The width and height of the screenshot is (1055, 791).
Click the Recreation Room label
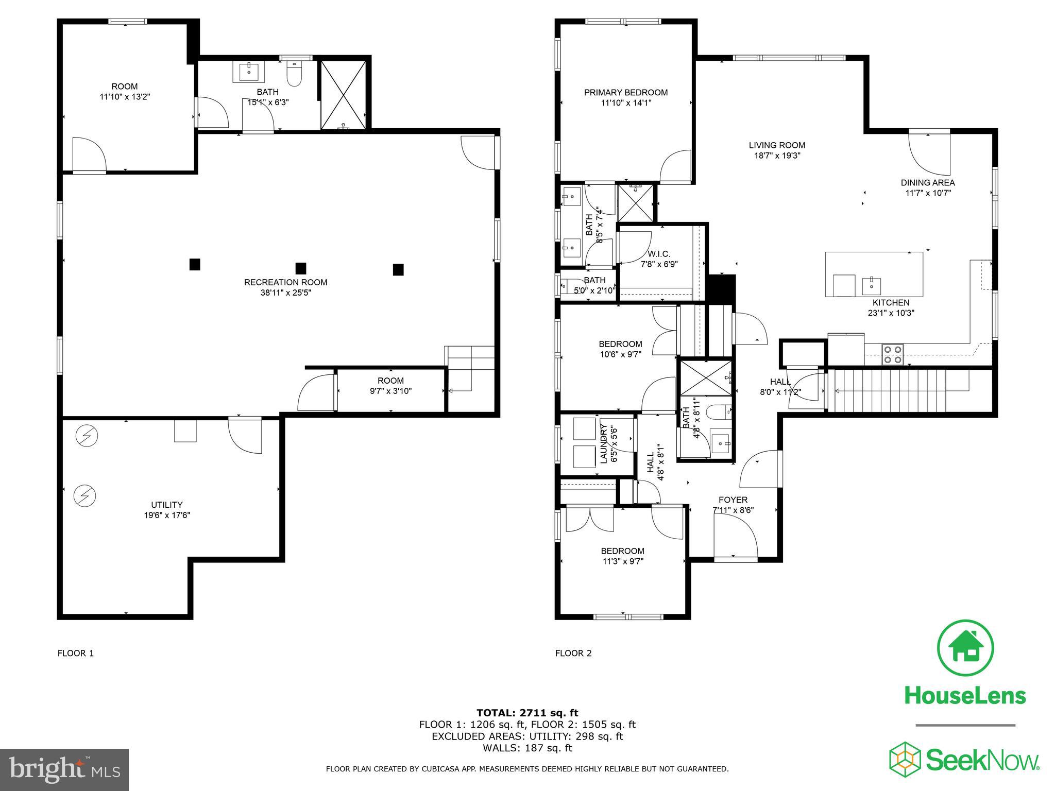click(285, 282)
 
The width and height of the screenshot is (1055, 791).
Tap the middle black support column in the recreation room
click(301, 268)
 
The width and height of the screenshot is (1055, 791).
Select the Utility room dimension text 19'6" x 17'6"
click(167, 515)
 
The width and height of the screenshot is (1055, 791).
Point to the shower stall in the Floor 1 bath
click(344, 95)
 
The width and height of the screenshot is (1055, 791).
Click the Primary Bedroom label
click(625, 93)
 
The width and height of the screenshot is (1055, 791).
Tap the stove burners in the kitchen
click(893, 354)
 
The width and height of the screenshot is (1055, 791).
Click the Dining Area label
click(927, 183)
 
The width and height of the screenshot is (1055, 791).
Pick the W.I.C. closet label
click(659, 254)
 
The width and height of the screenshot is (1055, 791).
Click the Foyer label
click(733, 500)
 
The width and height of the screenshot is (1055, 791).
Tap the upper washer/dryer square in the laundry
click(585, 428)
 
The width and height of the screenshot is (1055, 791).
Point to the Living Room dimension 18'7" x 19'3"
click(777, 156)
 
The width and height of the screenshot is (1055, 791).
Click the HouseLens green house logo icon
click(965, 648)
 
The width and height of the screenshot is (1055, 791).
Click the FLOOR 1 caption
click(75, 654)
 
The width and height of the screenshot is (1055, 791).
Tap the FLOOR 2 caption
click(573, 654)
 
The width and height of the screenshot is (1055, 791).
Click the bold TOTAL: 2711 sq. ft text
click(527, 713)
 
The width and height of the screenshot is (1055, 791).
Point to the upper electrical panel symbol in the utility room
click(86, 436)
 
